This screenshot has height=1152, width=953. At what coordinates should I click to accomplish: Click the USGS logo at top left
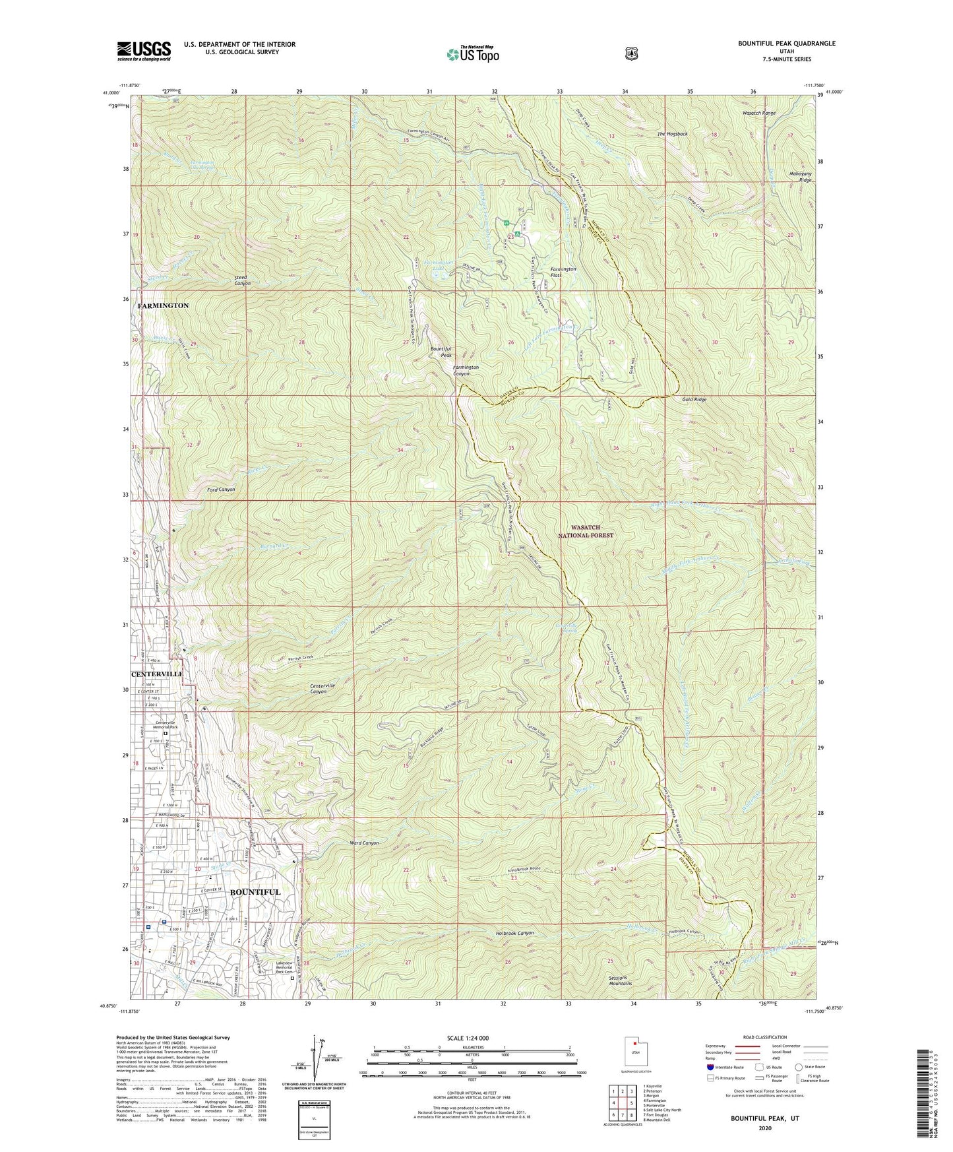pos(144,51)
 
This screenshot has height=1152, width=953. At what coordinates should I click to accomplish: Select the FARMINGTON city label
pos(163,306)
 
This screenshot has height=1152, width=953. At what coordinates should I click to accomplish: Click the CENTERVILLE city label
pos(157,674)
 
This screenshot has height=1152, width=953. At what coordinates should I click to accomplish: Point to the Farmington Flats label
pos(563,272)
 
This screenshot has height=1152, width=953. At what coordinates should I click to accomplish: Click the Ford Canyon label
pos(221,490)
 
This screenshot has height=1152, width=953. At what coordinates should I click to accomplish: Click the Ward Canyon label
pos(364,843)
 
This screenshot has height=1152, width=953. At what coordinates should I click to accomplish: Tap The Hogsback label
pos(672,134)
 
